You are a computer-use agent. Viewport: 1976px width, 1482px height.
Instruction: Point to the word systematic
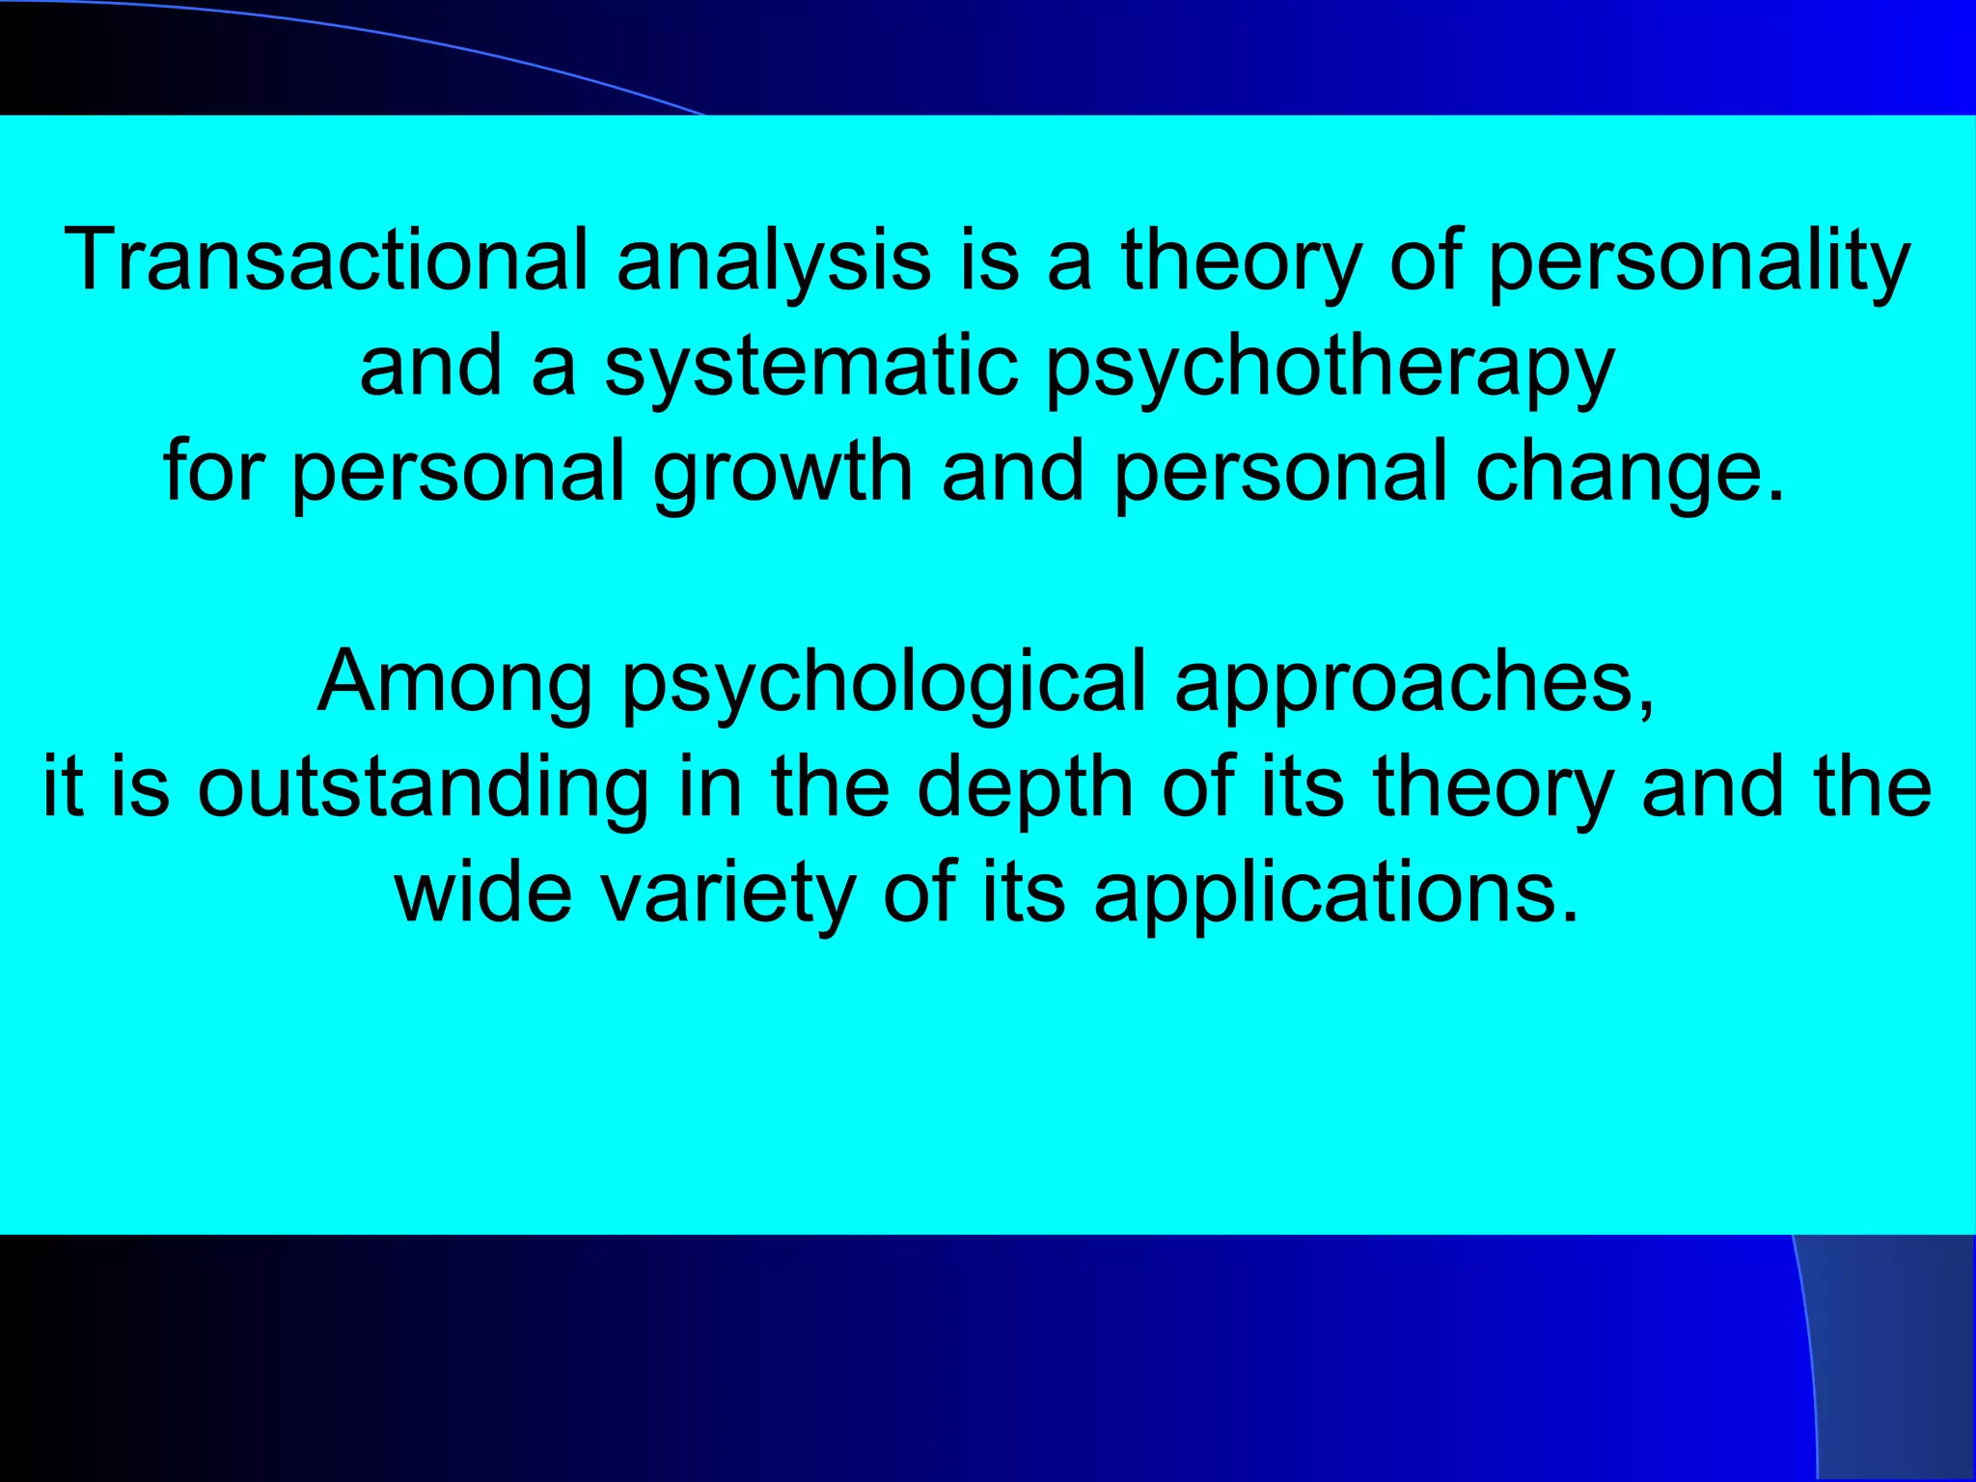811,366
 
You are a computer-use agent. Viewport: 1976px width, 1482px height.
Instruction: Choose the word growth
782,473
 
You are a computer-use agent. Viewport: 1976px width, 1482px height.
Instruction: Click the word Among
454,683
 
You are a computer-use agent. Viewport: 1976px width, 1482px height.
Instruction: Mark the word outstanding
423,789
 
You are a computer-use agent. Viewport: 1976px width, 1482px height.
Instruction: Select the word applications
1322,893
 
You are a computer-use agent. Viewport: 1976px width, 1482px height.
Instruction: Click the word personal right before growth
457,473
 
